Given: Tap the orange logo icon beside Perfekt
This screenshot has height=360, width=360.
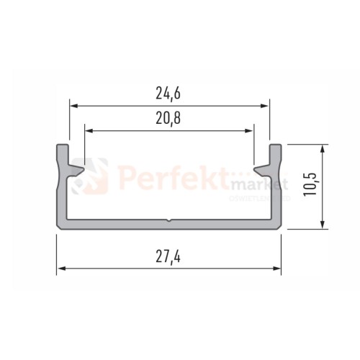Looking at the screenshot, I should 99,178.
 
